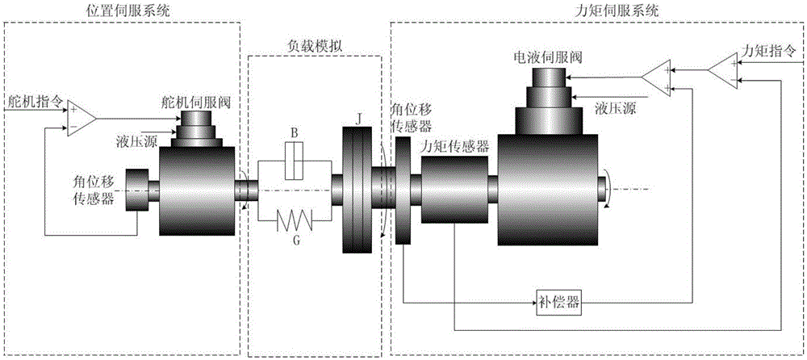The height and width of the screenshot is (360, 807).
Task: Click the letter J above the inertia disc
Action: coord(358,116)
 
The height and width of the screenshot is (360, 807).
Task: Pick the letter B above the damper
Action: coord(295,132)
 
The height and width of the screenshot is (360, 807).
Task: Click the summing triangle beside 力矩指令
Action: coord(723,69)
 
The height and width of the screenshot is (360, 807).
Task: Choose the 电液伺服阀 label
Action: coord(548,57)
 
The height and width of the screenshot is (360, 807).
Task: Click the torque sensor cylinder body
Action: coord(454,190)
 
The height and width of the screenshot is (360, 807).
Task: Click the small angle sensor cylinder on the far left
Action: coord(137,190)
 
